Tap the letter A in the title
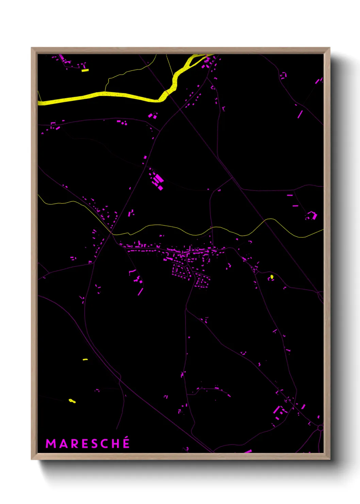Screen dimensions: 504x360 coord(62,444)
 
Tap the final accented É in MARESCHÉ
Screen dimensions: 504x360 coord(126,443)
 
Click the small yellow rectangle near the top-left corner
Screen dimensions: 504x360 coord(85,70)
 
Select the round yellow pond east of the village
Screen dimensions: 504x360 coord(272,277)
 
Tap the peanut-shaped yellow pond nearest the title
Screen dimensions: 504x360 coord(72,401)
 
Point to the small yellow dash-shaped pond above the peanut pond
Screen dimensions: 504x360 coord(85,359)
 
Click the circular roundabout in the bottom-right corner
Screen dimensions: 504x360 coord(320,428)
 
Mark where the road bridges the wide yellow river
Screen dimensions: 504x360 coord(167,93)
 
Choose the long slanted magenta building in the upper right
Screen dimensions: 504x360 coord(300,114)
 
